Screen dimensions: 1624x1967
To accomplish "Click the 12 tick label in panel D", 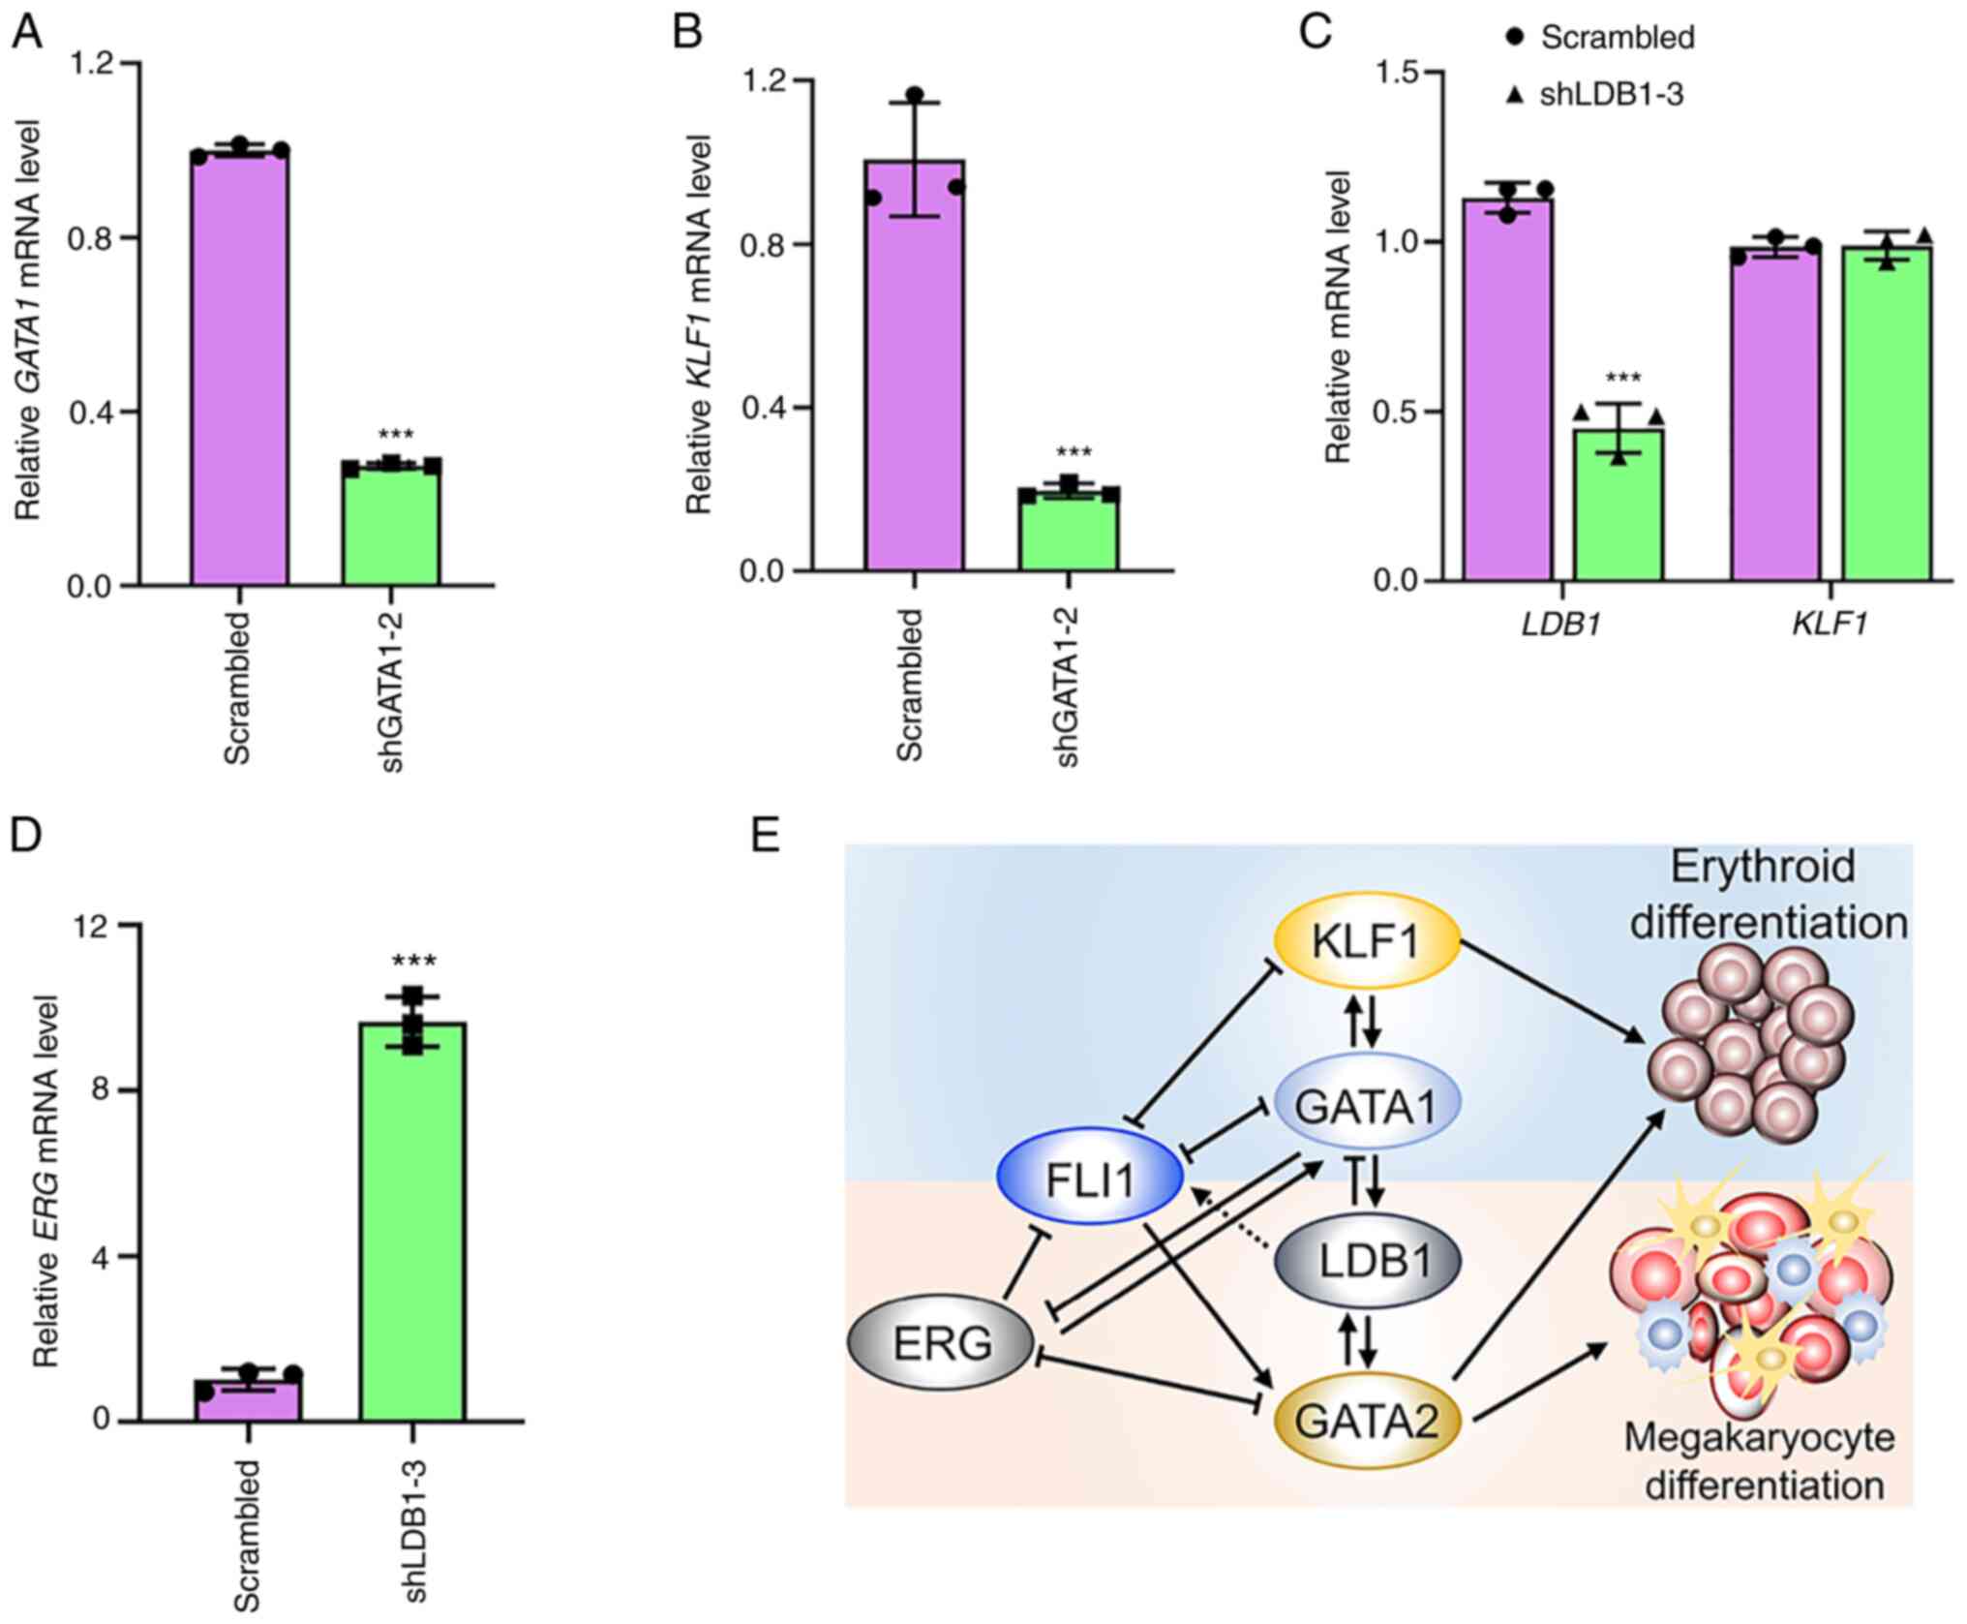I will pos(95,926).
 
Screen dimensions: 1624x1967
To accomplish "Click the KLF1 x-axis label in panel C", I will pos(1828,624).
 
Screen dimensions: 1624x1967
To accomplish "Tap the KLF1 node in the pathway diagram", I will pos(1366,941).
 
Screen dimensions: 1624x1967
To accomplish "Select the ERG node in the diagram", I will pos(941,1343).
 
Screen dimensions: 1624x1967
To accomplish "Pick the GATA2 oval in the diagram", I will pos(1366,1421).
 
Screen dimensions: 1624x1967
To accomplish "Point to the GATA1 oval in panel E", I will pos(1366,1105).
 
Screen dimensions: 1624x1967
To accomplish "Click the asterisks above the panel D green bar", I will pos(413,961).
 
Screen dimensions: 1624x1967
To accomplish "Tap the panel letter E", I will pos(765,836).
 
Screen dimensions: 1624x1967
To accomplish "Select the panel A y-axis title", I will pos(29,320).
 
